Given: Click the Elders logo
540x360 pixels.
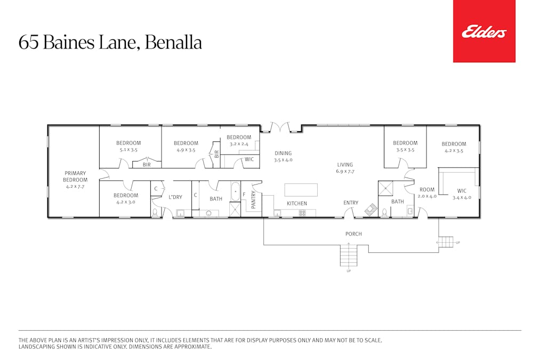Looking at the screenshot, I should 484,32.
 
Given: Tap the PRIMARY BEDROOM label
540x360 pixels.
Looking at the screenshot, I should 75,177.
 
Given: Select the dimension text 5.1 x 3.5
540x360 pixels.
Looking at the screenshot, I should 128,150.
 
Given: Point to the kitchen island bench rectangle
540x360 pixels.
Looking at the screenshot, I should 301,190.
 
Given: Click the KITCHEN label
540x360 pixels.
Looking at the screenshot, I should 297,203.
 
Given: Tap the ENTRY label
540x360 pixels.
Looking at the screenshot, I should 351,203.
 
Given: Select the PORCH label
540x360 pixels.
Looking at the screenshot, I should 353,234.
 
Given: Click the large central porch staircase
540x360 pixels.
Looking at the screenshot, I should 349,255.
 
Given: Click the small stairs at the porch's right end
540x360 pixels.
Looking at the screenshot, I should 446,242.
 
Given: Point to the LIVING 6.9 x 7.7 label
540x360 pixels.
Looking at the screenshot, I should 345,168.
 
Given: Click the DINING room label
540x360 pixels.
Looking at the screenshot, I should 283,153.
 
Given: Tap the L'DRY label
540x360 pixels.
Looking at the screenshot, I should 175,197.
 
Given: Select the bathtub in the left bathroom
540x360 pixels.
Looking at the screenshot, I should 235,191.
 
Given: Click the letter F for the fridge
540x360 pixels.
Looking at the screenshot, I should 244,195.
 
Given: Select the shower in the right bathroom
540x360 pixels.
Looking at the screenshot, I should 385,188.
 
